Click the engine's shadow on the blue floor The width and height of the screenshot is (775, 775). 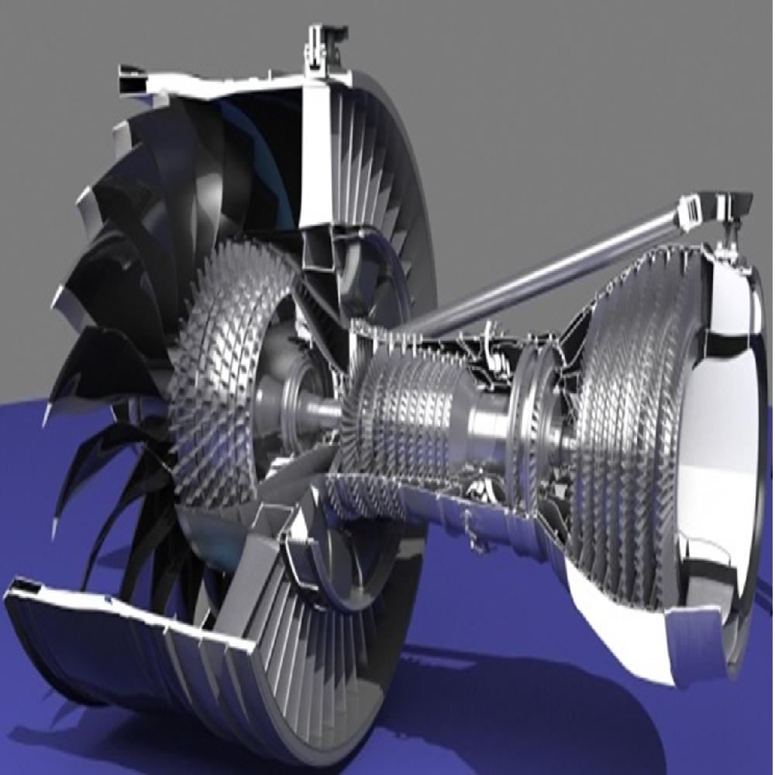504,697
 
